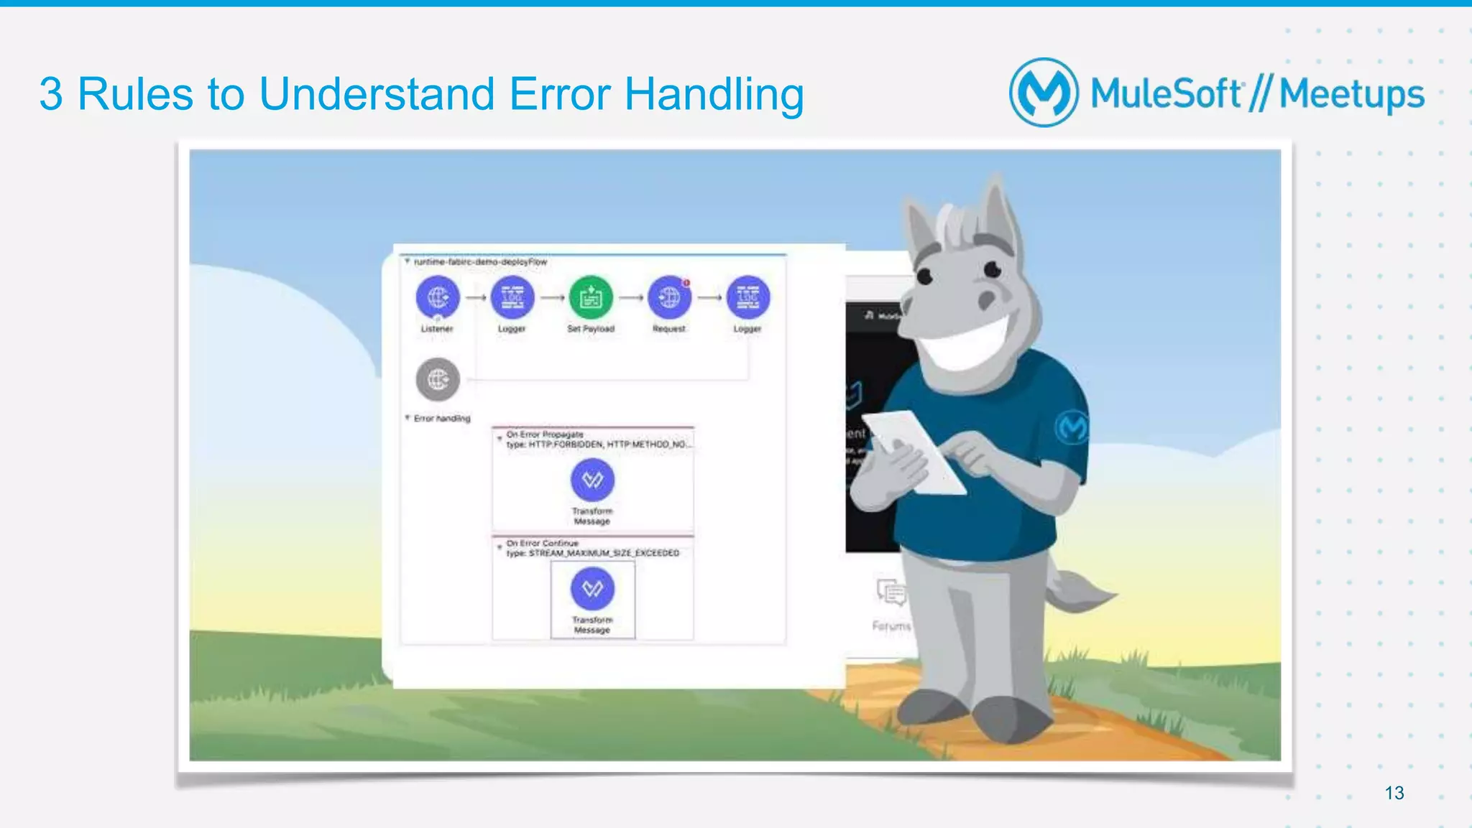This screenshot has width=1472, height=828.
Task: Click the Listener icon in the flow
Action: click(438, 297)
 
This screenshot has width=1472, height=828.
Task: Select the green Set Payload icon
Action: click(591, 297)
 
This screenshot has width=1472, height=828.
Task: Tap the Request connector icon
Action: click(669, 297)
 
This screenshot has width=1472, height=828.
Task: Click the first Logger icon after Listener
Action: click(512, 297)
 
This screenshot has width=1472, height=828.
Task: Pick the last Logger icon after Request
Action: click(747, 297)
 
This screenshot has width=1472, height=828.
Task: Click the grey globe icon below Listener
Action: click(438, 379)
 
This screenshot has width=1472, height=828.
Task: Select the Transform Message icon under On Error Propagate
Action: click(592, 480)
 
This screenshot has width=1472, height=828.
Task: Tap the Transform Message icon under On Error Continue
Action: click(592, 589)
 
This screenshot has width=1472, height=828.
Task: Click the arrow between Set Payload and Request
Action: click(630, 297)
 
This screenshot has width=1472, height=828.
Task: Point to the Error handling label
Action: click(441, 418)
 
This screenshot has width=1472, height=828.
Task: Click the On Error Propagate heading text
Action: click(544, 434)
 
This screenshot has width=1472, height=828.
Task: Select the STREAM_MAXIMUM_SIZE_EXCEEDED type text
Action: click(603, 553)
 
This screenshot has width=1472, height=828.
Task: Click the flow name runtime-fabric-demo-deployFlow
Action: click(480, 262)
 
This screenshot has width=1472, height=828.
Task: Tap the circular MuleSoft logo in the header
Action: click(1044, 93)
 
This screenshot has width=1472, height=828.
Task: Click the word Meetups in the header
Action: click(1351, 94)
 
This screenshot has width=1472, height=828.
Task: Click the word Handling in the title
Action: click(714, 94)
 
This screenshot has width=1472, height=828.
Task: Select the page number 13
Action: click(1394, 793)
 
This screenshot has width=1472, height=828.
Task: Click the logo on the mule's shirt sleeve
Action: click(1072, 427)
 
